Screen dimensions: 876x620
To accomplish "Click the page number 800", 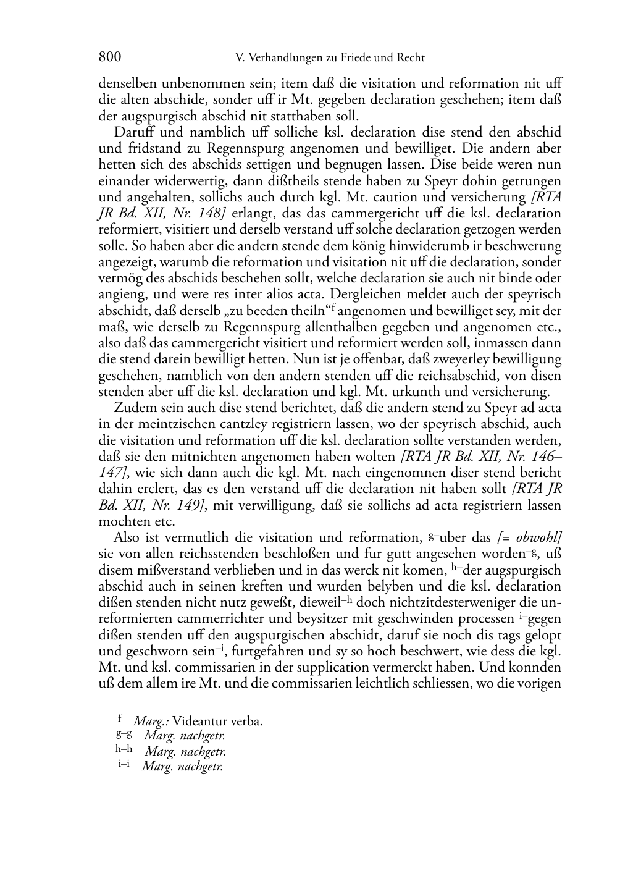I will point(110,57).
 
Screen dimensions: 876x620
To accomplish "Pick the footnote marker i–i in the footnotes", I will point(125,764).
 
